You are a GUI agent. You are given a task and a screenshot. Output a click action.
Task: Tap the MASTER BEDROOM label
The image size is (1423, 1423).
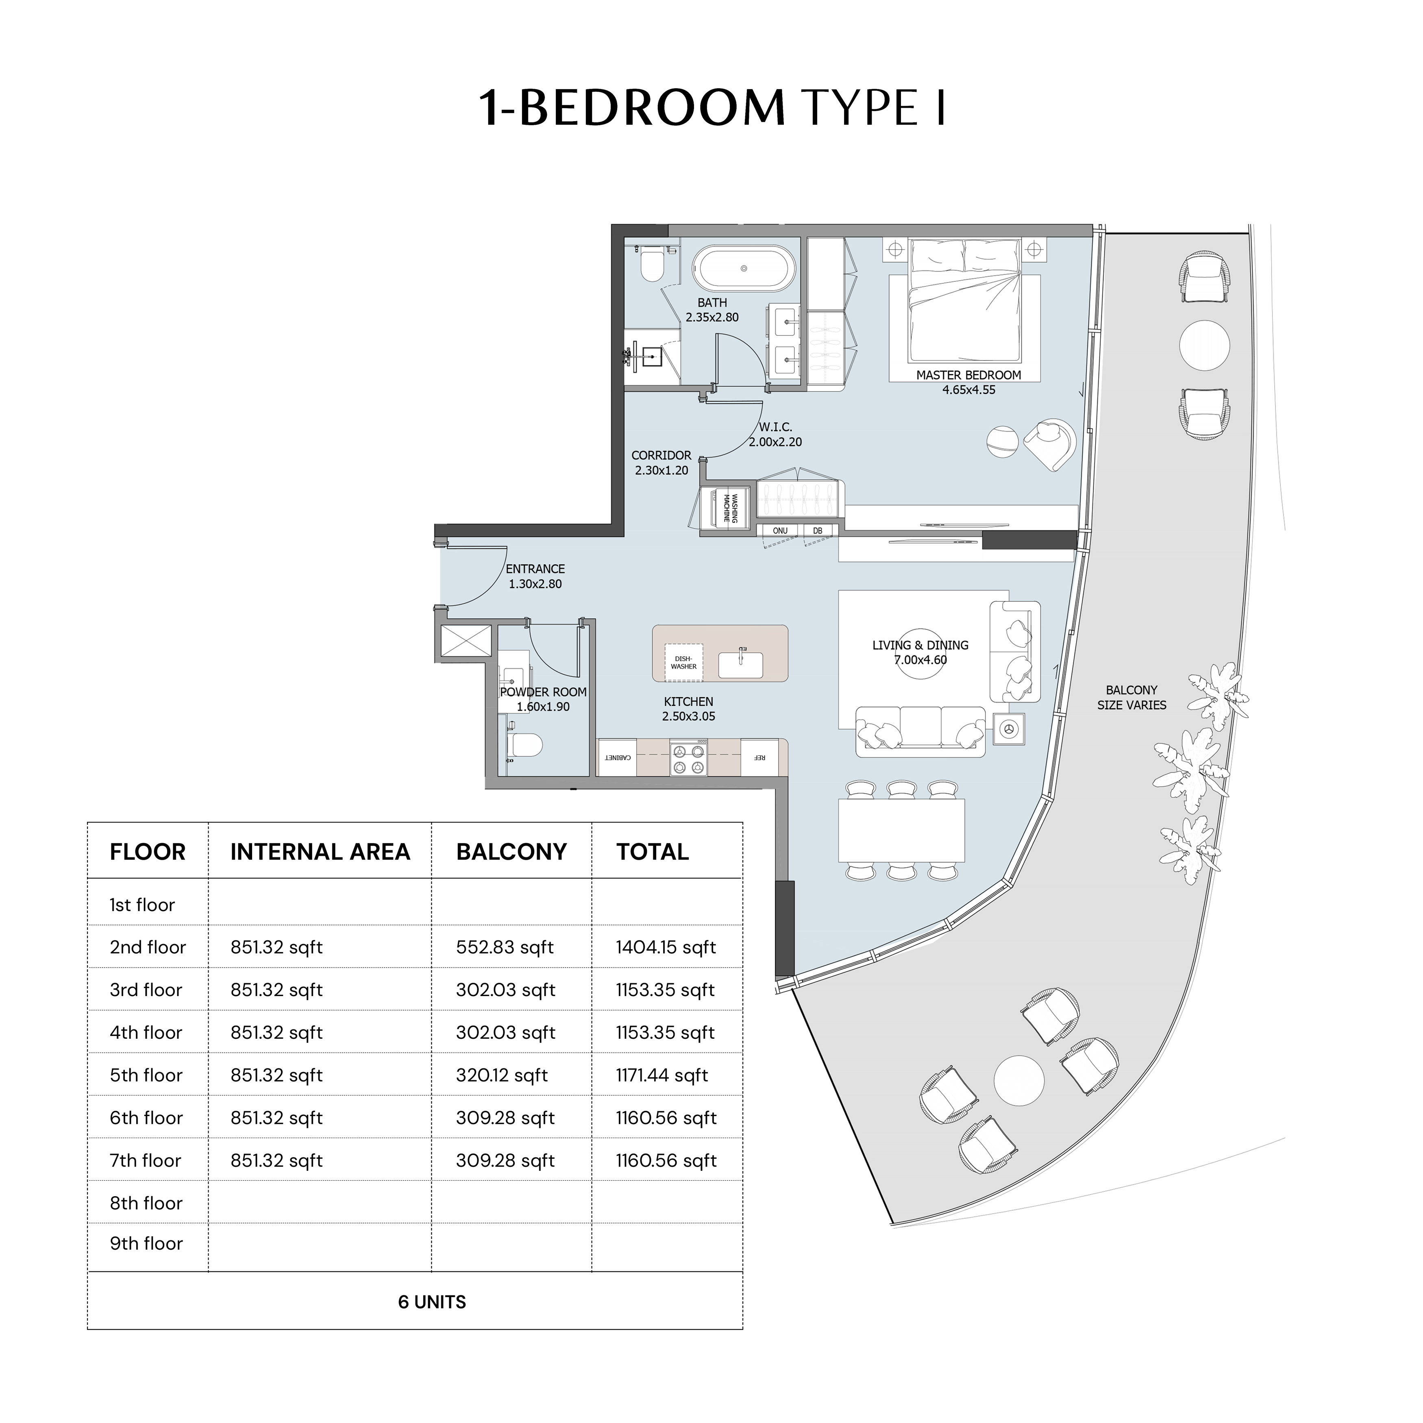pyautogui.click(x=968, y=375)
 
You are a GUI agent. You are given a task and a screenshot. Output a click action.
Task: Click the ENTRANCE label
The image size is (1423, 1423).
pyautogui.click(x=535, y=569)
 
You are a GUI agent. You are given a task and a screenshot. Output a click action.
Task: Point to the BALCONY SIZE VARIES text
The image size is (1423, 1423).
pyautogui.click(x=1132, y=698)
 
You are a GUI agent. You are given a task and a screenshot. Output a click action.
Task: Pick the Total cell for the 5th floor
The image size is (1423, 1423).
pyautogui.click(x=662, y=1075)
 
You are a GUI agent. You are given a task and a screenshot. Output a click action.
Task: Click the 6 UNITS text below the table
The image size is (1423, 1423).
pyautogui.click(x=432, y=1302)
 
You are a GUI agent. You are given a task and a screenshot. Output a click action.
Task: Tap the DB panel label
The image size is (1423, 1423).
pyautogui.click(x=818, y=530)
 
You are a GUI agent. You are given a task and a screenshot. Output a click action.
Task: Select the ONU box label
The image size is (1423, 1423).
pyautogui.click(x=780, y=530)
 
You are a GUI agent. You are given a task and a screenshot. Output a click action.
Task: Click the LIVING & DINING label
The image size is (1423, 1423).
pyautogui.click(x=920, y=645)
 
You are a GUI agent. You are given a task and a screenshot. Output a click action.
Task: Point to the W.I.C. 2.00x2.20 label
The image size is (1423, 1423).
pyautogui.click(x=776, y=435)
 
